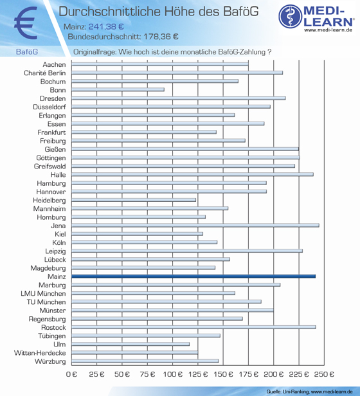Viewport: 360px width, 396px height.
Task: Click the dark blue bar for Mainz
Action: pyautogui.click(x=194, y=276)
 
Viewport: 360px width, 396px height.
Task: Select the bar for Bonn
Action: pyautogui.click(x=118, y=89)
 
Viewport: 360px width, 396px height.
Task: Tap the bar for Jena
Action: pyautogui.click(x=195, y=225)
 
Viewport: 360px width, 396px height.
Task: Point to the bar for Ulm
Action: pyautogui.click(x=130, y=344)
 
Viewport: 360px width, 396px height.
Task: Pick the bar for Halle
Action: pyautogui.click(x=192, y=174)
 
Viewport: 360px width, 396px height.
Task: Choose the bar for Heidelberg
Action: pyautogui.click(x=134, y=200)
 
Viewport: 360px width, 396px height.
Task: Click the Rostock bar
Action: pyautogui.click(x=194, y=327)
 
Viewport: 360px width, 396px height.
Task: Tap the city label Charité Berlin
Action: pyautogui.click(x=45, y=73)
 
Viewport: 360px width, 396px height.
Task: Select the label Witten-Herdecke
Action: pyautogui.click(x=40, y=353)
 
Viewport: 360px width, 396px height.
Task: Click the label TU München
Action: pyautogui.click(x=46, y=301)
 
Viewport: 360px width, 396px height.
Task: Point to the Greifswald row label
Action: pyautogui.click(x=50, y=166)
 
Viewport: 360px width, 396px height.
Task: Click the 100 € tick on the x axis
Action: pyautogui.click(x=172, y=374)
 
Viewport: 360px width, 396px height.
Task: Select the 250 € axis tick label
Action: pyautogui.click(x=324, y=374)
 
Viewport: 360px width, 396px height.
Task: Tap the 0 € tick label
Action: pyautogui.click(x=71, y=374)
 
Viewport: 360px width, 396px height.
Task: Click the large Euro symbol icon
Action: pyautogui.click(x=26, y=23)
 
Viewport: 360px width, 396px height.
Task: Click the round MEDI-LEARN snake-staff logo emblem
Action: pyautogui.click(x=291, y=16)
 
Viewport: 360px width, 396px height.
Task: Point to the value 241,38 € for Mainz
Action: pyautogui.click(x=106, y=26)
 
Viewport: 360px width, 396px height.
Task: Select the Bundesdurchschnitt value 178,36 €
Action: pyautogui.click(x=161, y=37)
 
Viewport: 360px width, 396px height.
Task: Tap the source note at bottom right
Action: pyautogui.click(x=309, y=392)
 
